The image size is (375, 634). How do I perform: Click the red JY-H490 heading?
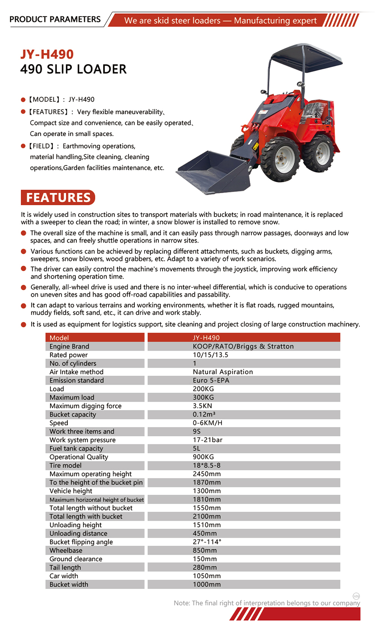pos(47,54)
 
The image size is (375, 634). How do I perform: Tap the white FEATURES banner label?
pos(58,197)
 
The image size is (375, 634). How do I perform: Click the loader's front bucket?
pos(212,172)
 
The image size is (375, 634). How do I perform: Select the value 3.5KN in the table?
pos(202,406)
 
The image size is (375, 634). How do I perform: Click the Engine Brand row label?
pos(69,347)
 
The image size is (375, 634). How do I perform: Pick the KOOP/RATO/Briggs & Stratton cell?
pos(243,347)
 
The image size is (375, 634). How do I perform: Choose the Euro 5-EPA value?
pos(211,381)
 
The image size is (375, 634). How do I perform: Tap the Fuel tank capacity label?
pos(76,448)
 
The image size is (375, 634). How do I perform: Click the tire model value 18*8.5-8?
pos(207,465)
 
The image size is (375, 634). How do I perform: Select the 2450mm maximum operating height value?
pos(207,474)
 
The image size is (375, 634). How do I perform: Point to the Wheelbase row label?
pos(66,551)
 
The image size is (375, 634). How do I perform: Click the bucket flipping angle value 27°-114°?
pos(207,542)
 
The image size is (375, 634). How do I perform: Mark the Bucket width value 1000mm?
pos(207,584)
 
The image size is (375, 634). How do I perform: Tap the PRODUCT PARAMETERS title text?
pos(55,19)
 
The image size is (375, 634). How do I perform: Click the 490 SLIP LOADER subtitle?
pos(74,69)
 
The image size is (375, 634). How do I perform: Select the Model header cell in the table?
pos(59,338)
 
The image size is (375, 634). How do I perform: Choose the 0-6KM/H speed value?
pos(208,423)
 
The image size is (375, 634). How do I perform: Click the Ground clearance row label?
pos(76,559)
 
